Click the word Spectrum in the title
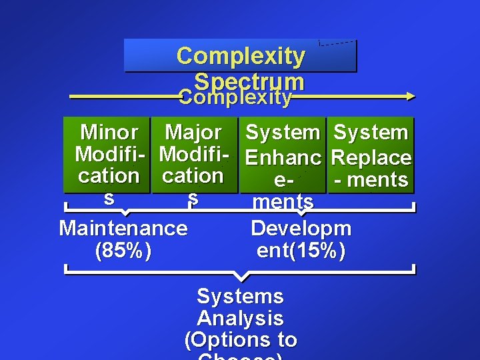[250, 81]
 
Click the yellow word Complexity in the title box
[241, 56]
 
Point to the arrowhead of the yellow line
[409, 97]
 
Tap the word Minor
[109, 132]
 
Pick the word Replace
[371, 158]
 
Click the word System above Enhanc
[283, 132]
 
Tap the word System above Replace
[371, 132]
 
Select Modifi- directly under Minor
[109, 155]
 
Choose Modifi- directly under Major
[193, 155]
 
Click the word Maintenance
[123, 228]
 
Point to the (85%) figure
[123, 251]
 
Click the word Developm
[301, 228]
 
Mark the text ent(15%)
[301, 251]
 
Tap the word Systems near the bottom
[240, 296]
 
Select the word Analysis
[240, 318]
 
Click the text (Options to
[240, 340]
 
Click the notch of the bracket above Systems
[241, 277]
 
